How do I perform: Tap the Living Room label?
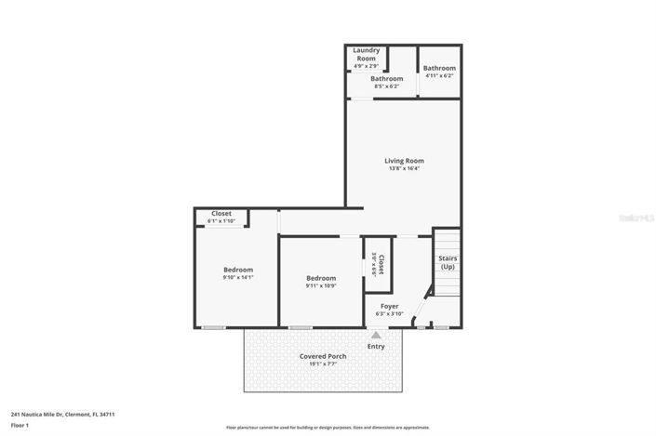[404, 161]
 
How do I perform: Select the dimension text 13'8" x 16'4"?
[404, 169]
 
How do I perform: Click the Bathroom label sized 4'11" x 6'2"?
[439, 68]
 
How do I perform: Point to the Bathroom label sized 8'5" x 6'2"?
[386, 79]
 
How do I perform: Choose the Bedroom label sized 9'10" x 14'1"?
[237, 270]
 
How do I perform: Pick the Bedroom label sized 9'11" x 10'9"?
[321, 278]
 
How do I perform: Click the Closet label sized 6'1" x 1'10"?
[221, 213]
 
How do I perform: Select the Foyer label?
[389, 306]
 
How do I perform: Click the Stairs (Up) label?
[448, 262]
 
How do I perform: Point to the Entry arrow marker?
[376, 335]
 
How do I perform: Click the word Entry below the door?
[376, 346]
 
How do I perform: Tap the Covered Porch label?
[323, 356]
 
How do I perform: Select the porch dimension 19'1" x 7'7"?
[323, 364]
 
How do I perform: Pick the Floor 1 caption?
[20, 425]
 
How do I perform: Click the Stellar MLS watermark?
[636, 218]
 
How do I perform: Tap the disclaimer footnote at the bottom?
[328, 428]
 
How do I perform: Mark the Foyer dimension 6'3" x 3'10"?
[389, 314]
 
